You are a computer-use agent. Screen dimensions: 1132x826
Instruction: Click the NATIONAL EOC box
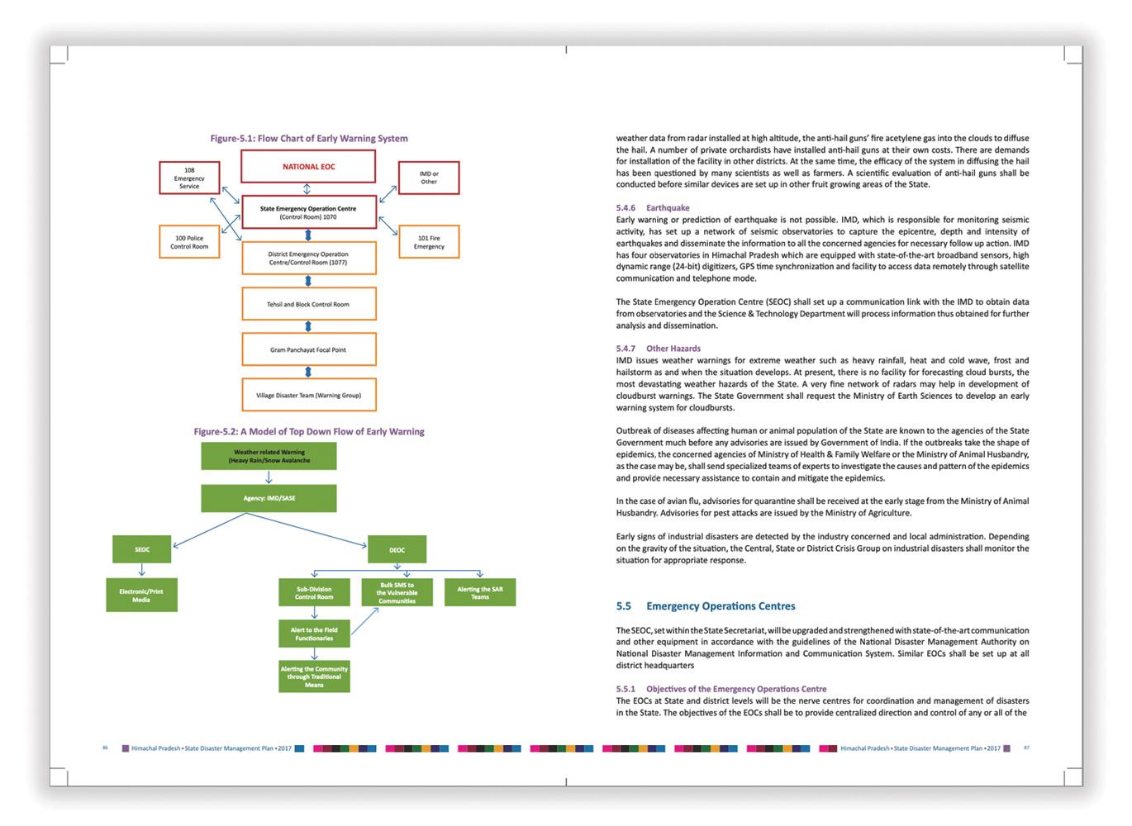[x=307, y=166]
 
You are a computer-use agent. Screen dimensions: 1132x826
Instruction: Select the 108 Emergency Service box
[x=189, y=178]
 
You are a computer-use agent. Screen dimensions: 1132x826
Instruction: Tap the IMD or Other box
[x=429, y=178]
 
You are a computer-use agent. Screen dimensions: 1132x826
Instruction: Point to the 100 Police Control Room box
[x=189, y=242]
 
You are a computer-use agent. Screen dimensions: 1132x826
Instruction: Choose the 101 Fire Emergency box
[x=429, y=242]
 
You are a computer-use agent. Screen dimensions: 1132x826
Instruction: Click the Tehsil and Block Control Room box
[x=309, y=304]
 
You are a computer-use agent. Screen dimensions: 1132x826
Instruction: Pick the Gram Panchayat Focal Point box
[x=309, y=349]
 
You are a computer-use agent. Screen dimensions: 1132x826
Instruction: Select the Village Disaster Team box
[x=309, y=395]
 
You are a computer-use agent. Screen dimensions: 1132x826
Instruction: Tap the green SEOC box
[x=142, y=549]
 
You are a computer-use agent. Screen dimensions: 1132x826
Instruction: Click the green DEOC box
[x=397, y=549]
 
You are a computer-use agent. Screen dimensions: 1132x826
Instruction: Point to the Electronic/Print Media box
[x=141, y=595]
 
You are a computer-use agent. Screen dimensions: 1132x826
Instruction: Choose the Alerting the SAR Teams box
[x=480, y=592]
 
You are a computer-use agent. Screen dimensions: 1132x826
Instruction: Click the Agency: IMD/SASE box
[x=269, y=498]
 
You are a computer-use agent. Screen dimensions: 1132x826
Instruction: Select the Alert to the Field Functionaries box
[x=314, y=634]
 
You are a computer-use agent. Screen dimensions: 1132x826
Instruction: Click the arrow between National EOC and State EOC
[x=307, y=189]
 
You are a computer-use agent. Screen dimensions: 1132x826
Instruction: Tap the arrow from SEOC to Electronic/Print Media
[x=142, y=571]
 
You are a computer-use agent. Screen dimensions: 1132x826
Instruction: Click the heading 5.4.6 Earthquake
[x=653, y=207]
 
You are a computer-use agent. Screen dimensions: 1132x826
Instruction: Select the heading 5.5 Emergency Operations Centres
[x=706, y=605]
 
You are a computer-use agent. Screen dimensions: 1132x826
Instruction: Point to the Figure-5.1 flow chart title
[x=309, y=139]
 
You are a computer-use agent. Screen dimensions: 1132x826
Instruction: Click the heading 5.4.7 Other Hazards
[x=658, y=349]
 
